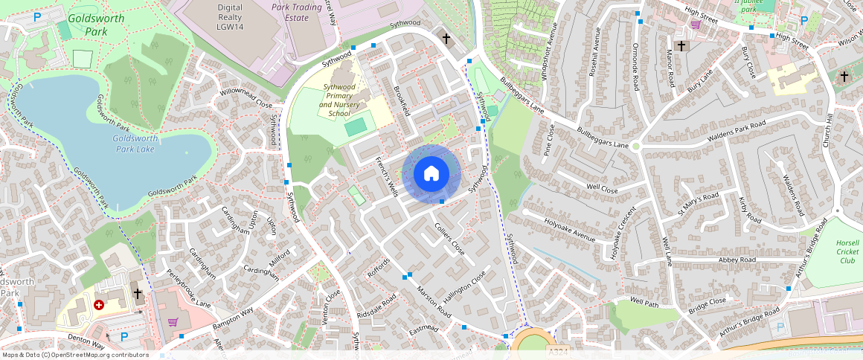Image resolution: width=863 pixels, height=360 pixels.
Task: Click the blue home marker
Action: (431, 175)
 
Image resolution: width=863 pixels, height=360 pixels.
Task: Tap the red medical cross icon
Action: (99, 305)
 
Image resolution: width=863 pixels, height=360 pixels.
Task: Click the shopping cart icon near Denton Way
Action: (173, 321)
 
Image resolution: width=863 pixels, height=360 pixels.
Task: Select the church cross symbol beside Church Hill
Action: (844, 76)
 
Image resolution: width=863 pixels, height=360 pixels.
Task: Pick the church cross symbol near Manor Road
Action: (681, 46)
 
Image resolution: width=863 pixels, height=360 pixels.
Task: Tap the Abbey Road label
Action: (737, 260)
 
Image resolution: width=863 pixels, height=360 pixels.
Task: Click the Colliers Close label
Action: (449, 240)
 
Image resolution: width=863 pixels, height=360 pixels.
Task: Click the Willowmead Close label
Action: (246, 99)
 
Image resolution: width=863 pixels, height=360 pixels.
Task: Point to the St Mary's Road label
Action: (697, 204)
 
